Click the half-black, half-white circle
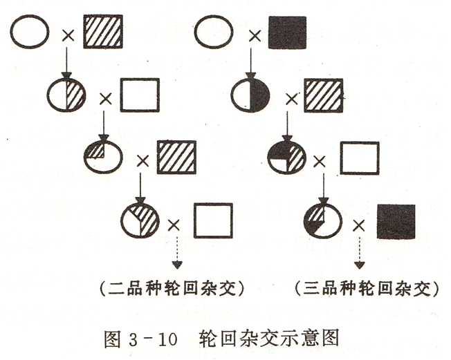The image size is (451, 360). [x=250, y=95]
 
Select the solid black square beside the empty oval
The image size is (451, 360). [x=287, y=32]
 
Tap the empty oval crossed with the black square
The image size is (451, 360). [x=214, y=32]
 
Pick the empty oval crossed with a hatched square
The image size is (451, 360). [x=30, y=32]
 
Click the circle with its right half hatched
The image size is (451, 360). [x=66, y=95]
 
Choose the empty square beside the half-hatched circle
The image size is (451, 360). [x=140, y=95]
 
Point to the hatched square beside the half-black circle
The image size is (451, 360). [x=324, y=95]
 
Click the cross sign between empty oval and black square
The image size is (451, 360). [x=255, y=36]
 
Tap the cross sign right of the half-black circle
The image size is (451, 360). [x=292, y=100]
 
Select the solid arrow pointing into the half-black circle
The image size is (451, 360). [x=251, y=64]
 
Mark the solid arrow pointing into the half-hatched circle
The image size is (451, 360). [x=66, y=64]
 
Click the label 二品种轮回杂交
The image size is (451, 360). [x=172, y=288]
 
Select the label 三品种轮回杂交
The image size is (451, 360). [x=367, y=288]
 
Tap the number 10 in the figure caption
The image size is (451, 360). [x=167, y=339]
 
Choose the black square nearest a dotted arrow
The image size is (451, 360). [x=396, y=222]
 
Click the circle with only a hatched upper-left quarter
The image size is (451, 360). [x=103, y=158]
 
